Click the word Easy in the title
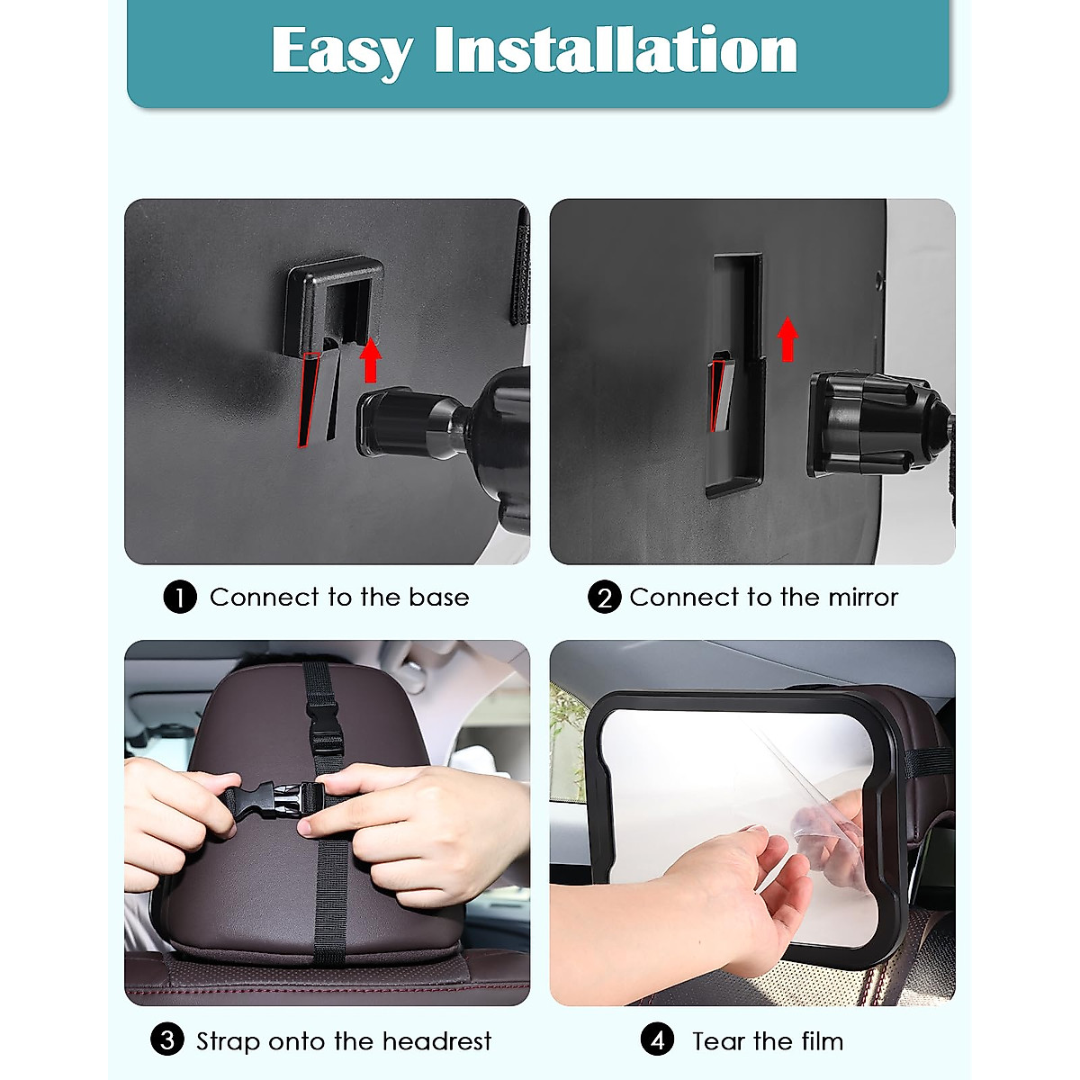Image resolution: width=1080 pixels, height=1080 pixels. tap(342, 51)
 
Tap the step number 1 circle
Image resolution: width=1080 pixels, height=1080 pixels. tap(180, 598)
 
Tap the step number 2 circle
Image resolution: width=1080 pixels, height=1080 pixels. tap(604, 598)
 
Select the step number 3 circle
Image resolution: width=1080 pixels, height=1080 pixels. tap(167, 1040)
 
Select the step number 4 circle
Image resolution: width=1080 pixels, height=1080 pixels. tap(657, 1040)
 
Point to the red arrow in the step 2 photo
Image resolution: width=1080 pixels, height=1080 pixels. tap(787, 339)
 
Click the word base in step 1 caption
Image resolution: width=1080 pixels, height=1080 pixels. tap(438, 598)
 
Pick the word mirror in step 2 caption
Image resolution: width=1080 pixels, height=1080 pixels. tap(862, 598)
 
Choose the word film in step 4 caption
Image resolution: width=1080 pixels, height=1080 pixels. tap(822, 1041)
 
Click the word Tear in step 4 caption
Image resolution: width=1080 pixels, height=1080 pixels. tap(719, 1041)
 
